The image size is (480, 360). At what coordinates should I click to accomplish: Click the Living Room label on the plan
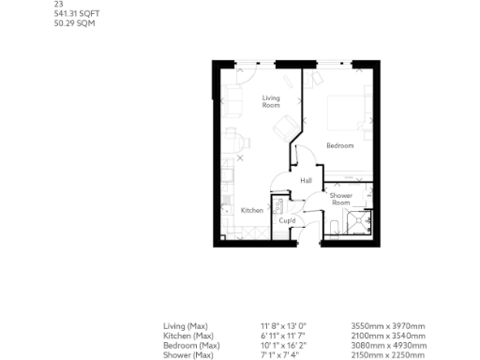pyautogui.click(x=271, y=101)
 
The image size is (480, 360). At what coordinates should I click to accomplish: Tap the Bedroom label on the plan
pyautogui.click(x=339, y=145)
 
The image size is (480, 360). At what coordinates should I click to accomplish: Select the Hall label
pyautogui.click(x=306, y=181)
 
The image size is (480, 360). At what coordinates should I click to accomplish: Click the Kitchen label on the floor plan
pyautogui.click(x=251, y=211)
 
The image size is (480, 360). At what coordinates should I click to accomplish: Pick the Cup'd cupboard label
pyautogui.click(x=288, y=221)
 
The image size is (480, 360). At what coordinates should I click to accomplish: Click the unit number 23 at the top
pyautogui.click(x=58, y=4)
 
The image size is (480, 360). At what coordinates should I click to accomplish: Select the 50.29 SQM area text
pyautogui.click(x=74, y=22)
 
